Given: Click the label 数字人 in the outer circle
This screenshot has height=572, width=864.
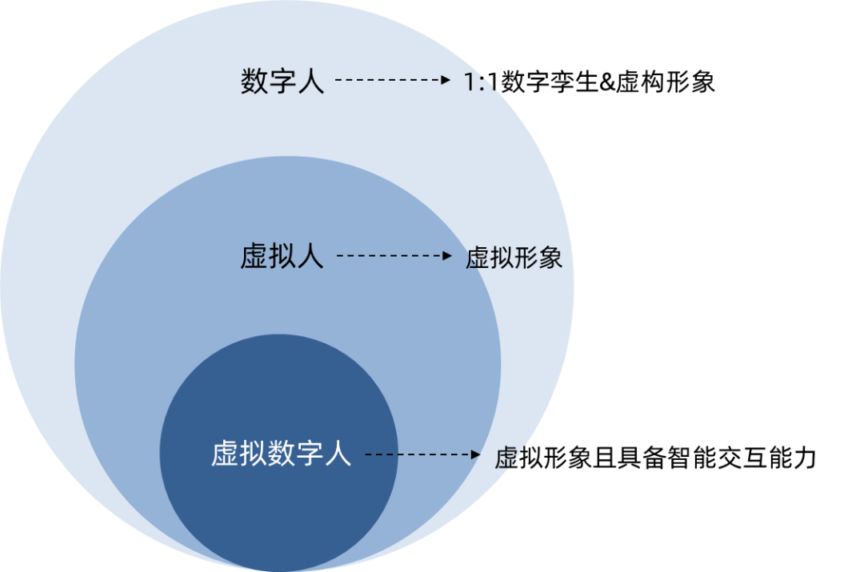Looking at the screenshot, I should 282,81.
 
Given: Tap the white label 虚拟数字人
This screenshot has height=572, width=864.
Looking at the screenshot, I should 282,454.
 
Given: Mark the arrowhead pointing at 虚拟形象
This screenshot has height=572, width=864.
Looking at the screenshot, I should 448,256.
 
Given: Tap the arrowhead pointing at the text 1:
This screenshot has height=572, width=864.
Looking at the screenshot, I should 446,80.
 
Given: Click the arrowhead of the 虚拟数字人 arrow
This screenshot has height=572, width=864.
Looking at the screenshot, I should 475,454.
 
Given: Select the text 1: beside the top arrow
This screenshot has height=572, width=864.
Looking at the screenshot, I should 478,81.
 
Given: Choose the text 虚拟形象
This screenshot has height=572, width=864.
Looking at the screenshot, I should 514,257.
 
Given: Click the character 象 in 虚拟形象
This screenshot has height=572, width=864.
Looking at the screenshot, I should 550,257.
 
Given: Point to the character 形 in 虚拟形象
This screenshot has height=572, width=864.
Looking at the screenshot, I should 526,257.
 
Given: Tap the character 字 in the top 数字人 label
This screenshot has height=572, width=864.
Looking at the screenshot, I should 282,81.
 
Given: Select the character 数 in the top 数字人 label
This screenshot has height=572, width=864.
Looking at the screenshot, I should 254,81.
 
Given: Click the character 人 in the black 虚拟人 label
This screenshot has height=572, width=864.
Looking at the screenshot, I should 310,257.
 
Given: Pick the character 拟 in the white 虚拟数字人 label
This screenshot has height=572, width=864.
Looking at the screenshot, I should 253,454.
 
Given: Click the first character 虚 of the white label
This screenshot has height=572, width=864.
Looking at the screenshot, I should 225,454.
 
